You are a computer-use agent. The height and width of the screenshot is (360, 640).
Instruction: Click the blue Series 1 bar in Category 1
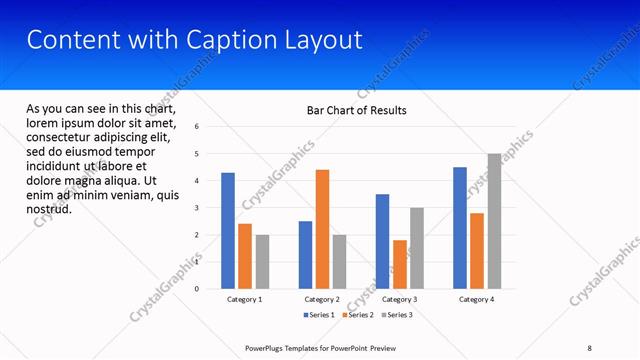tap(228, 231)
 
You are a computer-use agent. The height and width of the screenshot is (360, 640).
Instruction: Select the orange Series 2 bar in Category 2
tap(322, 229)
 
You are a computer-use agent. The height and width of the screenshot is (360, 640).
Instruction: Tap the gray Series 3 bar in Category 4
tap(494, 221)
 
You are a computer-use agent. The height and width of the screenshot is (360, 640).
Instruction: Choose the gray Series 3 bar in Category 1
tap(262, 262)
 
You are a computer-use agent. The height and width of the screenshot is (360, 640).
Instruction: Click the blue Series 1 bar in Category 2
tap(305, 255)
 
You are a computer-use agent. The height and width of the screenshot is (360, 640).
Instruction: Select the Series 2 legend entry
tap(359, 315)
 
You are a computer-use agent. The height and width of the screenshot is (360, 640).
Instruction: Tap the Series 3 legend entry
tap(396, 315)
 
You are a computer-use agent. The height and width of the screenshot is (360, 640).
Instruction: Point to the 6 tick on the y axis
tap(197, 127)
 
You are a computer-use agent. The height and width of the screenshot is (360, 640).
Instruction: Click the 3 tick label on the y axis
tap(197, 208)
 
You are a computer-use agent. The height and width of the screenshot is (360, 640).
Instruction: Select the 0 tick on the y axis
tap(197, 289)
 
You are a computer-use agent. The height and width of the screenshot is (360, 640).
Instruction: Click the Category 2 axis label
tap(322, 299)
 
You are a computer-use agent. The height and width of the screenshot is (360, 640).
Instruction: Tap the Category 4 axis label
tap(477, 299)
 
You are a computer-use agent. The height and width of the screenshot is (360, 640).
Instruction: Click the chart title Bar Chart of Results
tap(356, 110)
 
